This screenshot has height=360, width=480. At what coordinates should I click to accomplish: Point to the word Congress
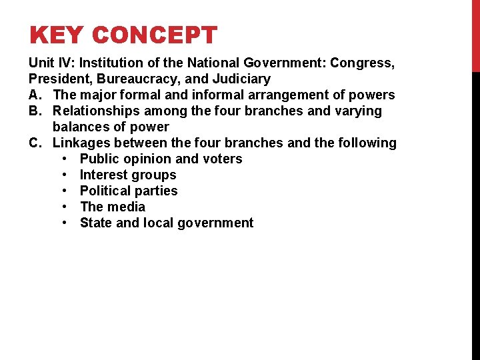click(x=359, y=63)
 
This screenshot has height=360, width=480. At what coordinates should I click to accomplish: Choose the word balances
click(x=80, y=127)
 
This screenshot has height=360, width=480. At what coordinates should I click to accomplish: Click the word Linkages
click(x=80, y=143)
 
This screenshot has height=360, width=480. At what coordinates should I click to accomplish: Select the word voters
click(x=223, y=159)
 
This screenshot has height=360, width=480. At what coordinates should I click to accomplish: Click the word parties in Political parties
click(x=155, y=191)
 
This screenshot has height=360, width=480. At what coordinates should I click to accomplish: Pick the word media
click(x=125, y=207)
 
